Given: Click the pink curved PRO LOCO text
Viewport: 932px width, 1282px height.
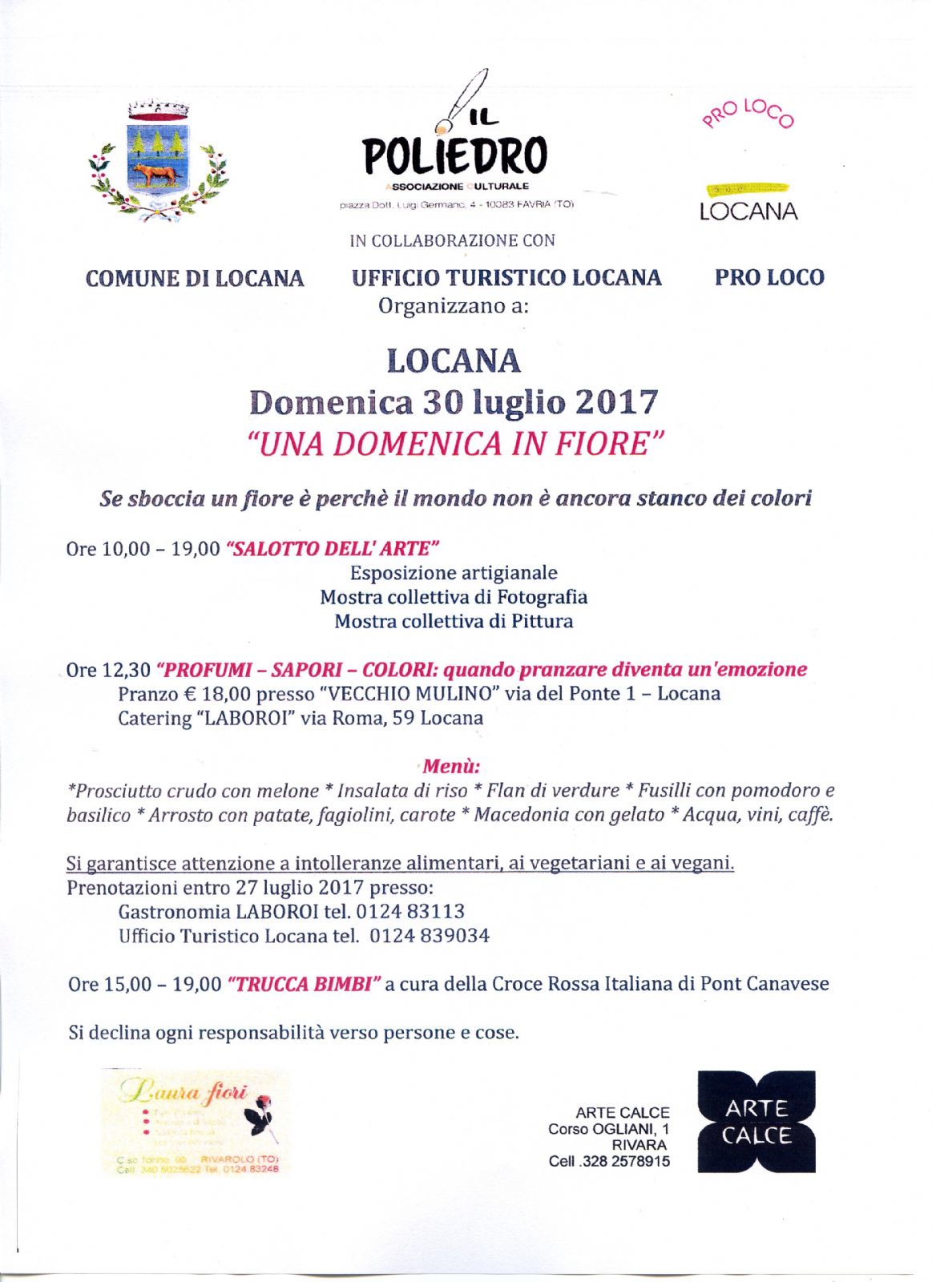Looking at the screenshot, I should point(748,113).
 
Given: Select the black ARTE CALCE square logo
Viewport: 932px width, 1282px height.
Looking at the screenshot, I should point(756,1121).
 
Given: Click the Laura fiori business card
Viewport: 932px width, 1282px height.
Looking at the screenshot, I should point(197,1122).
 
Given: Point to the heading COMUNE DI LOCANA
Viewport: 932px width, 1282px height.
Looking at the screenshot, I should point(195,279).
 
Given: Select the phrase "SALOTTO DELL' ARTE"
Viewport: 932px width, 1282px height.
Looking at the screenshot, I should point(333,549).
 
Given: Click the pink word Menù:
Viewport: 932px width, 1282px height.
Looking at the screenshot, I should point(451,766).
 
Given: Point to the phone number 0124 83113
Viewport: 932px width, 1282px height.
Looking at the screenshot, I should point(410,912).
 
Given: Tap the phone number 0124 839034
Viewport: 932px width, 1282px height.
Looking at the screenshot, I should point(430,936).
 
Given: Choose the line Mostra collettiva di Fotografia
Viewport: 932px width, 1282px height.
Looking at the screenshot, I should point(454,597).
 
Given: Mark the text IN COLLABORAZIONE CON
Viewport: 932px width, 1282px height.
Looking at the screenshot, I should point(452,240).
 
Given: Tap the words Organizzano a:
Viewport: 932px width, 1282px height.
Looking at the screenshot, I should point(454,306).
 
